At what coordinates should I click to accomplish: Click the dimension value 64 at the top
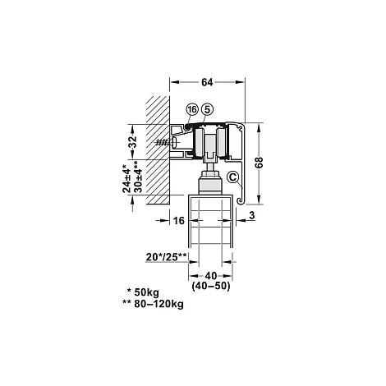tap(207, 82)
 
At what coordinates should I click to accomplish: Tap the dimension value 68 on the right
tap(260, 163)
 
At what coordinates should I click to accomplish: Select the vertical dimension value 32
tap(132, 141)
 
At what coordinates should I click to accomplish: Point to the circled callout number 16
tap(192, 109)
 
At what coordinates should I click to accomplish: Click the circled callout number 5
tap(207, 109)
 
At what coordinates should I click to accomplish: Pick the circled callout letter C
tap(232, 177)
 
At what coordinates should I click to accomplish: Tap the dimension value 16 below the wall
tap(179, 220)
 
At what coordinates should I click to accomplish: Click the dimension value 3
tap(252, 215)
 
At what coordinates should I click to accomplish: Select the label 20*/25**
tap(166, 257)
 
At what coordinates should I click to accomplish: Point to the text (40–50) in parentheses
tap(211, 286)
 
